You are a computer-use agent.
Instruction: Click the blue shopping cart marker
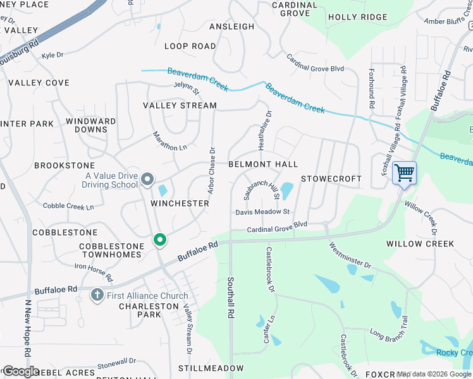[404, 172]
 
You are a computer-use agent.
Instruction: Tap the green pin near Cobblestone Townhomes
[160, 240]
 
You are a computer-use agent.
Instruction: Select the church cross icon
[97, 295]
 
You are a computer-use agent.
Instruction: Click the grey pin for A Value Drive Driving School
[147, 180]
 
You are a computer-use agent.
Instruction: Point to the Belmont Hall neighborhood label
[263, 164]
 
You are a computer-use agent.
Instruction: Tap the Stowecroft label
[331, 179]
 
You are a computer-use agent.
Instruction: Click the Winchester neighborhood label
[180, 203]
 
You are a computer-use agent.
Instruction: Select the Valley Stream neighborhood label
[180, 105]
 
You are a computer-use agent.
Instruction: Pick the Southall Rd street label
[231, 297]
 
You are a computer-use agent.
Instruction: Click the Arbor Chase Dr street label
[212, 171]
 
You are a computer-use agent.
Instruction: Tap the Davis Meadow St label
[262, 212]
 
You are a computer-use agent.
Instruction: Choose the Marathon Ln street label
[170, 141]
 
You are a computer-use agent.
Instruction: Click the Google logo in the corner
[21, 371]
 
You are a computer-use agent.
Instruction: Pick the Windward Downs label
[91, 125]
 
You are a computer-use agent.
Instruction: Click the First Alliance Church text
[147, 296]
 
